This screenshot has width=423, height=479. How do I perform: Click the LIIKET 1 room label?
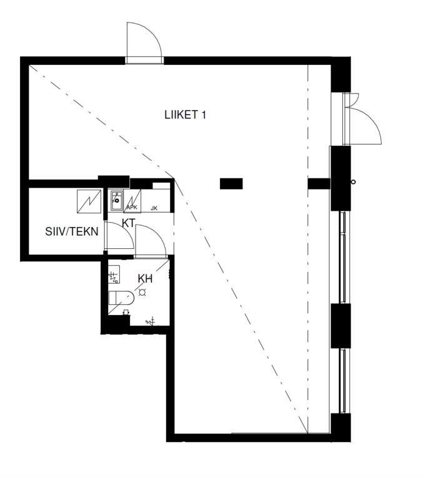pos(185,115)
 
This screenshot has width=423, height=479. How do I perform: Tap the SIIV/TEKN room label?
pos(72,231)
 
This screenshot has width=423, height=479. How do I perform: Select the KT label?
pos(128,223)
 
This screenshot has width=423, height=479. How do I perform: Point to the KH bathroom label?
pos(145,279)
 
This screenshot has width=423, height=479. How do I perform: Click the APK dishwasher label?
pos(132,208)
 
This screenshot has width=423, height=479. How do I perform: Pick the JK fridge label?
pos(154,208)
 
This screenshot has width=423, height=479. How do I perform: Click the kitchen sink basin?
pos(117,200)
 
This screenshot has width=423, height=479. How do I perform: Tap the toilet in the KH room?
pos(121,298)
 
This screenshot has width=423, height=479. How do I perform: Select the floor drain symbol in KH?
pos(142,293)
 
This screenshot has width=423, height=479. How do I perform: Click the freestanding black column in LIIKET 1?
pos(231,183)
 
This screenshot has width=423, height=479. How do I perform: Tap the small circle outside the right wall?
pos(353,182)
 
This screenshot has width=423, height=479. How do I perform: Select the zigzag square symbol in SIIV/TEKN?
pos(89,201)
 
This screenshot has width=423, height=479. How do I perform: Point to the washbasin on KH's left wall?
pos(114,274)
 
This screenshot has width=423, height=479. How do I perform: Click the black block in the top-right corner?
pos(341,74)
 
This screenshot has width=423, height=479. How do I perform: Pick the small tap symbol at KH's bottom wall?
pos(151,321)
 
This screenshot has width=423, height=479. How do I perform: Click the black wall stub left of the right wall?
pos(319,183)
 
